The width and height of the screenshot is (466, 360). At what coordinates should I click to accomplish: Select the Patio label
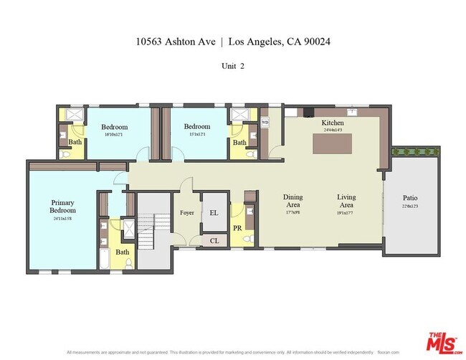pyautogui.click(x=410, y=198)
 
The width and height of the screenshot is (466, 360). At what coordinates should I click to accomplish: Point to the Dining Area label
pyautogui.click(x=293, y=201)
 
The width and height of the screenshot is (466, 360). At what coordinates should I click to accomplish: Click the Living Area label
pyautogui.click(x=347, y=201)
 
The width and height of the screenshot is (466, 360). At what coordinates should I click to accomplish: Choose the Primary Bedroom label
pyautogui.click(x=62, y=207)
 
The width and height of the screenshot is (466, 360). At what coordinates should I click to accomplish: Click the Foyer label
pyautogui.click(x=186, y=213)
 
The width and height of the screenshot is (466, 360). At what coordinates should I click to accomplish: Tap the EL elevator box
pyautogui.click(x=214, y=213)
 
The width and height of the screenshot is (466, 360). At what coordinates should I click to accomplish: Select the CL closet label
pyautogui.click(x=214, y=241)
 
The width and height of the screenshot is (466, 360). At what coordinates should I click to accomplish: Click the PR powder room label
pyautogui.click(x=237, y=228)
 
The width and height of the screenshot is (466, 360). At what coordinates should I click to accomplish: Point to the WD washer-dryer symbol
pyautogui.click(x=265, y=123)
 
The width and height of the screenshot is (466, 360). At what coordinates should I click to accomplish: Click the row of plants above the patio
pyautogui.click(x=415, y=151)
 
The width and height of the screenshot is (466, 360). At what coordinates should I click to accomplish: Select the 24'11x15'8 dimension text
pyautogui.click(x=62, y=219)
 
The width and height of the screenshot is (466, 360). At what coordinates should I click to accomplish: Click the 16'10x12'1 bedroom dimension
pyautogui.click(x=114, y=134)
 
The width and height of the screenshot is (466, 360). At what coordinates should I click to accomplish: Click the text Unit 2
pyautogui.click(x=232, y=66)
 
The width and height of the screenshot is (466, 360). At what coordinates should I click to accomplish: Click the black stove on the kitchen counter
pyautogui.click(x=308, y=112)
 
